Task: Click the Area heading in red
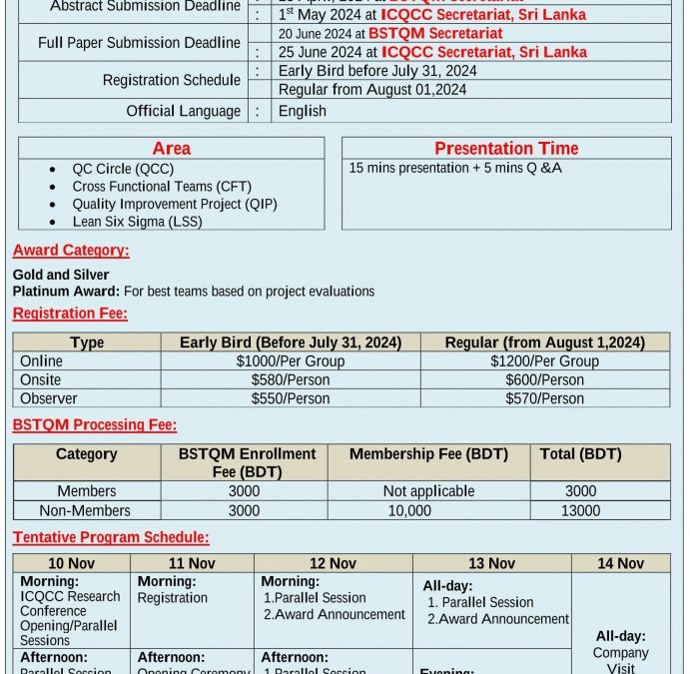click(x=171, y=149)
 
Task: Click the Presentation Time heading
click(x=506, y=149)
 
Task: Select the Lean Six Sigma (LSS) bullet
click(x=137, y=222)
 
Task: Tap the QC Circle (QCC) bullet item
click(x=122, y=169)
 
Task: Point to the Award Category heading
click(x=71, y=251)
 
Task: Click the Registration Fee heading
click(x=70, y=314)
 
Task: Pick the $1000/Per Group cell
click(x=290, y=361)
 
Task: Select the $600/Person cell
click(x=544, y=379)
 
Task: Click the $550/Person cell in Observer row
click(x=290, y=398)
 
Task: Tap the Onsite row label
click(x=41, y=379)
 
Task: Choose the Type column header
click(x=87, y=342)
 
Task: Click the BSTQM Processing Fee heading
click(x=95, y=424)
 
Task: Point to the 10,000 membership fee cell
click(x=409, y=510)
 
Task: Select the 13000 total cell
click(x=580, y=510)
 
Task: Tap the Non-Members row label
click(x=87, y=510)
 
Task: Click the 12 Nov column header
click(x=333, y=563)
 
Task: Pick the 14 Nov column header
click(x=620, y=563)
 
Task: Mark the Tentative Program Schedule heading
click(x=111, y=537)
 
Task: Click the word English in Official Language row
click(x=303, y=111)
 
